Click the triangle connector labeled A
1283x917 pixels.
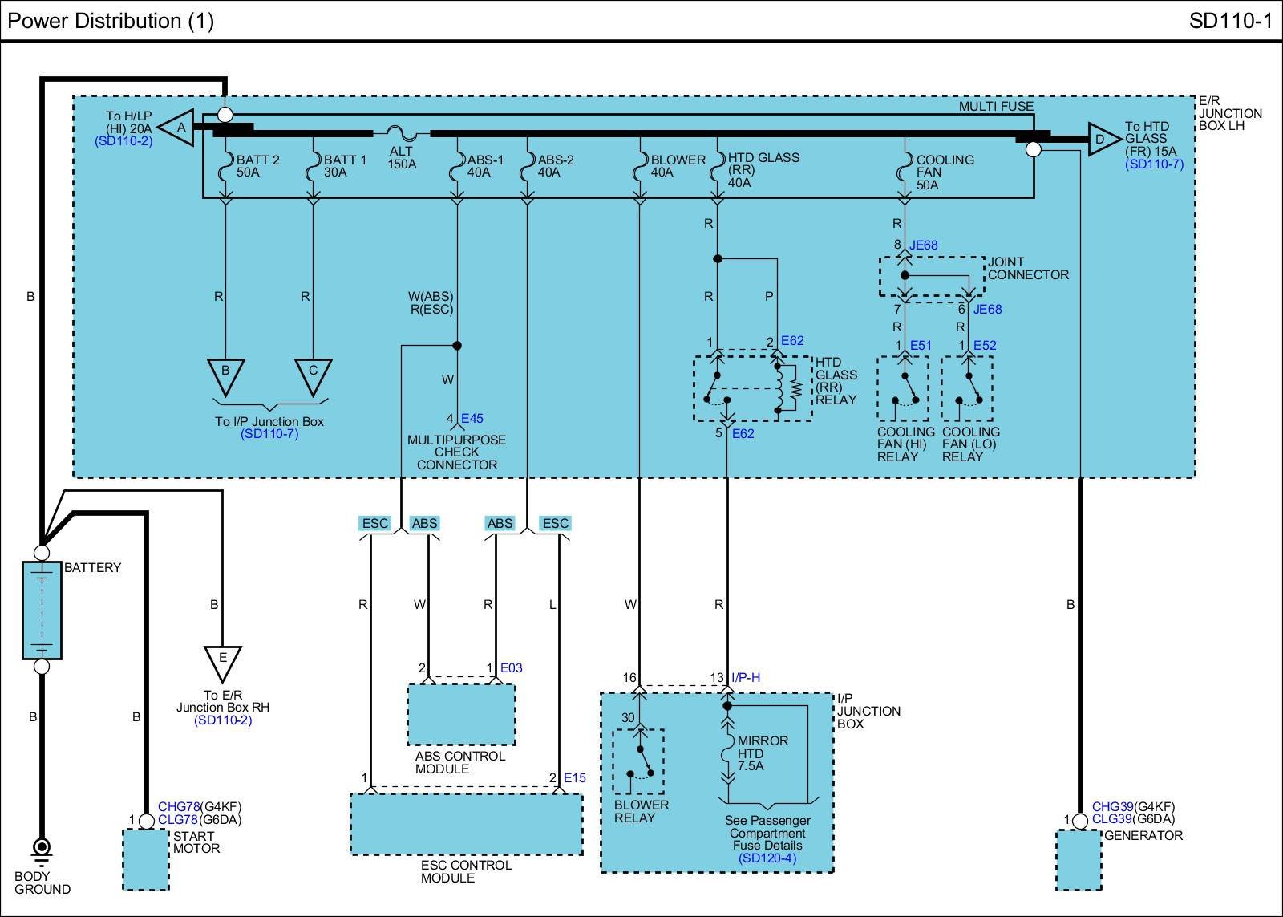click(x=180, y=128)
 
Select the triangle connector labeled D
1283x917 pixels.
click(x=1102, y=140)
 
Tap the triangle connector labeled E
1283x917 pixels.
click(x=223, y=661)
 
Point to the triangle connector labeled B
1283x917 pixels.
click(x=225, y=374)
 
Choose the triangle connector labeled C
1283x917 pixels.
click(x=313, y=374)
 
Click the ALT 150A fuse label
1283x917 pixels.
click(x=402, y=157)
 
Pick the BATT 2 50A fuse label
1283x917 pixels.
click(x=257, y=166)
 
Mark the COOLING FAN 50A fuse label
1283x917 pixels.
click(x=944, y=172)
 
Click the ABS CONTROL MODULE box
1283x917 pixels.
click(x=461, y=714)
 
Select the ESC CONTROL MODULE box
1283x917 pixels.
click(x=466, y=824)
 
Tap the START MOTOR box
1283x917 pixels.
click(x=146, y=860)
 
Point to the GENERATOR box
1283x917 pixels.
click(x=1079, y=860)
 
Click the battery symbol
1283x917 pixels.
click(x=42, y=610)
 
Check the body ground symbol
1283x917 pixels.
click(x=42, y=849)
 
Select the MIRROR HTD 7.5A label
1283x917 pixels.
click(x=762, y=753)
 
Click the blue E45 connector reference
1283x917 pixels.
click(x=472, y=418)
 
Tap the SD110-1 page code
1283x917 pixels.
click(x=1230, y=21)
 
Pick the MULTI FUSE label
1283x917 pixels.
click(x=996, y=106)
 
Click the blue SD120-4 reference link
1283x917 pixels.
click(x=767, y=858)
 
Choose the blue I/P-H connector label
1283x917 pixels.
click(x=746, y=677)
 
